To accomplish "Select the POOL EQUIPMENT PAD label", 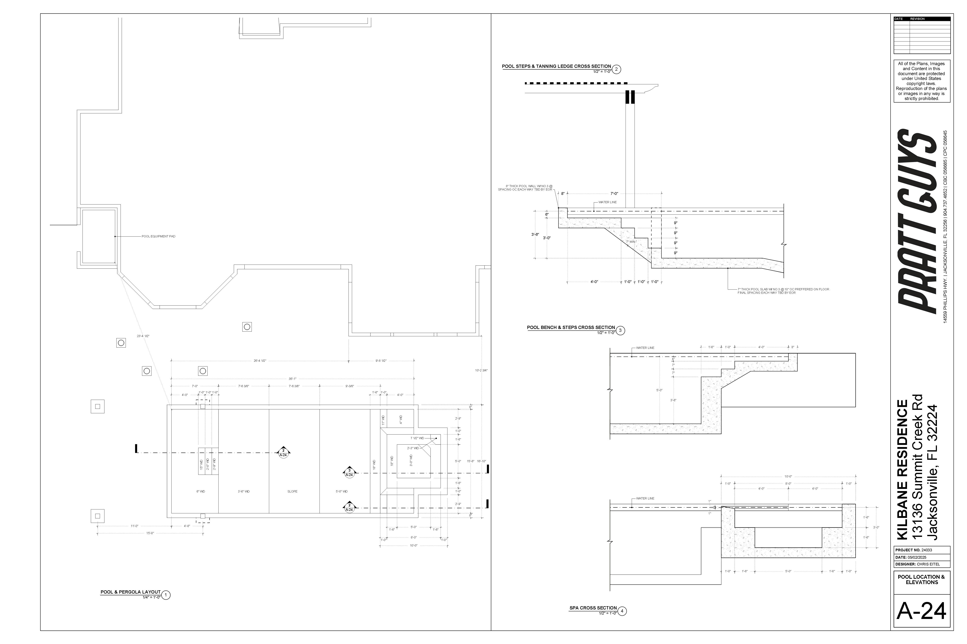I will pyautogui.click(x=158, y=236).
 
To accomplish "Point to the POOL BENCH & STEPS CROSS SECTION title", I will pyautogui.click(x=571, y=327).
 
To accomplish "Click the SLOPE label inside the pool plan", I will pyautogui.click(x=292, y=491).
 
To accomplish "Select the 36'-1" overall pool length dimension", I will pyautogui.click(x=292, y=379).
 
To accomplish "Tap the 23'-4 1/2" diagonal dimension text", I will pyautogui.click(x=143, y=336).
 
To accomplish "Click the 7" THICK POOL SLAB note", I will pyautogui.click(x=783, y=291).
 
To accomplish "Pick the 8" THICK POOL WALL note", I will pyautogui.click(x=525, y=188).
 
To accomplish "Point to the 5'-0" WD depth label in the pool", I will pyautogui.click(x=342, y=491).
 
